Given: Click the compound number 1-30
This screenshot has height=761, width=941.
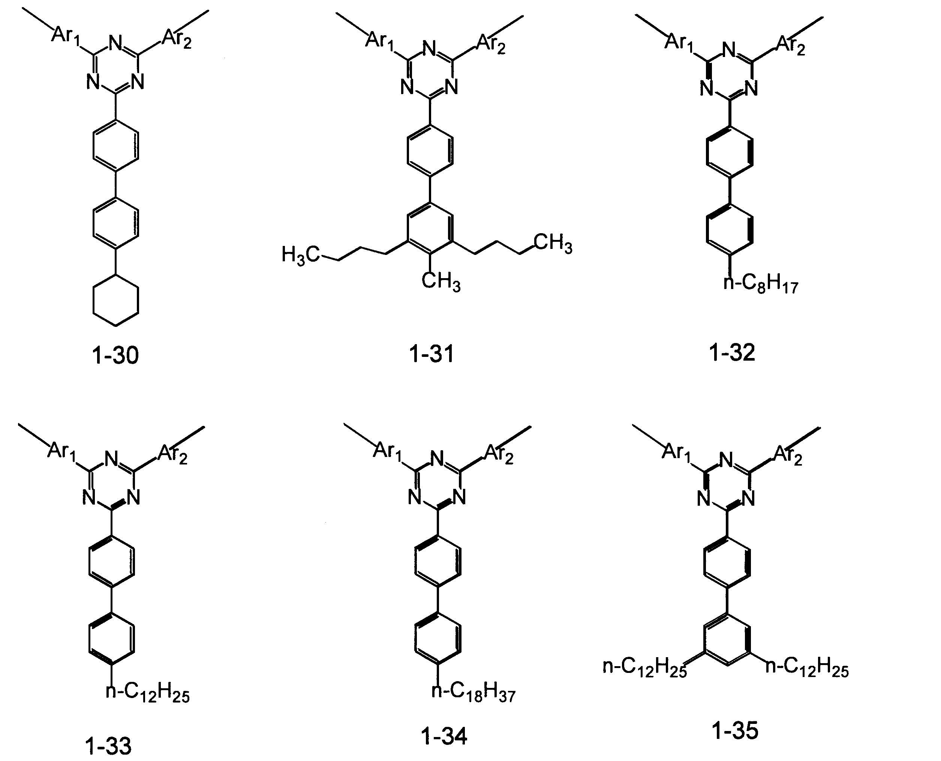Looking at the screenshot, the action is [115, 355].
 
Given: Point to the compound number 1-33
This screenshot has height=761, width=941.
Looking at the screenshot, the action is [108, 746].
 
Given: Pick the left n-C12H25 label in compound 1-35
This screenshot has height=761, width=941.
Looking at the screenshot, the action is [645, 668].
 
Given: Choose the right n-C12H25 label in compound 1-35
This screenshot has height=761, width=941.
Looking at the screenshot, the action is [807, 668].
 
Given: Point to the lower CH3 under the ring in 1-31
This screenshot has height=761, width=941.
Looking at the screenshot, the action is [441, 281].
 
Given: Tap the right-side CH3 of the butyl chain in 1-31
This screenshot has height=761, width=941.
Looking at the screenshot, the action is [553, 243].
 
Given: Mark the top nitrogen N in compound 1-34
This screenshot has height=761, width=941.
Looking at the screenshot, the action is [438, 459].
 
